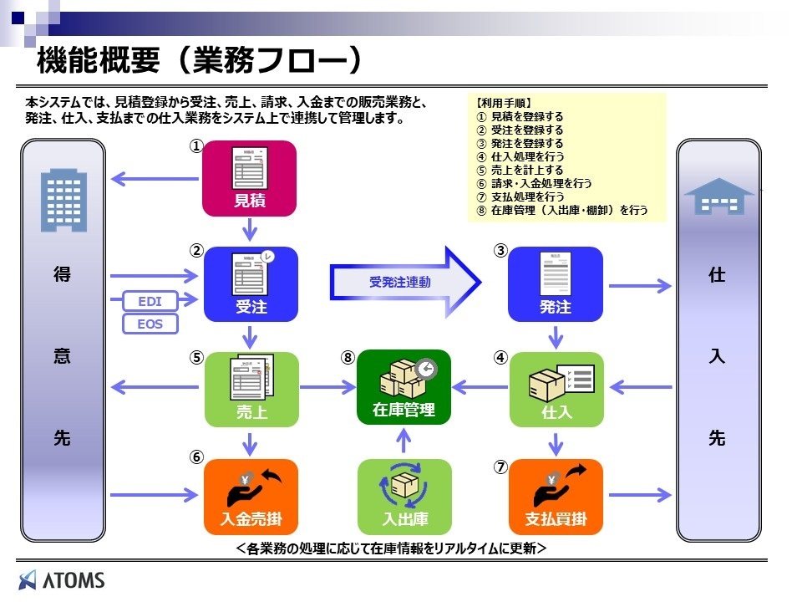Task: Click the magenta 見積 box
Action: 250,178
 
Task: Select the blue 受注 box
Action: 251,284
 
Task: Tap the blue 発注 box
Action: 556,284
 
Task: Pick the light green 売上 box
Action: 251,389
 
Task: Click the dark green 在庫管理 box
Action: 404,387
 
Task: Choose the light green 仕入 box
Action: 556,389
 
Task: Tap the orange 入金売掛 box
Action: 251,497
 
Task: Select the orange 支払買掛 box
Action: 556,497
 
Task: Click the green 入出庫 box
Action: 404,497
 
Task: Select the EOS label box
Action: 150,324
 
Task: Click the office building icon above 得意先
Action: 63,200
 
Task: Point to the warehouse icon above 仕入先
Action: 718,197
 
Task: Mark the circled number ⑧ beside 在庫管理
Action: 348,357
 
